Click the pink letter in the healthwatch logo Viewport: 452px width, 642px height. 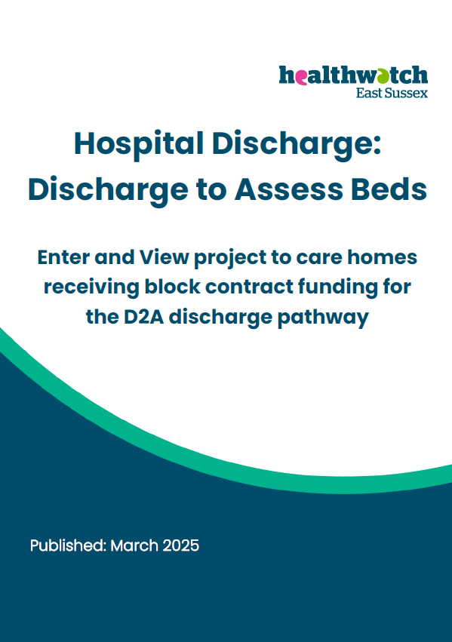pyautogui.click(x=301, y=77)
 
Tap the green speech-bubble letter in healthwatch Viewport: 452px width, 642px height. pyautogui.click(x=382, y=76)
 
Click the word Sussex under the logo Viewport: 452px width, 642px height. pyautogui.click(x=404, y=93)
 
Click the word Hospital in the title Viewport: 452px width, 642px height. pyautogui.click(x=139, y=144)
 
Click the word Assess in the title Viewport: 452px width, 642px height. pyautogui.click(x=289, y=189)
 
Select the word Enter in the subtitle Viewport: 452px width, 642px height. pyautogui.click(x=63, y=257)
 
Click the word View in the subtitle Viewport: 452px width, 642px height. pyautogui.click(x=165, y=257)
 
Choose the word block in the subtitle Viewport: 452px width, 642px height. pyautogui.click(x=172, y=287)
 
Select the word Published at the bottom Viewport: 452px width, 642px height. pyautogui.click(x=68, y=545)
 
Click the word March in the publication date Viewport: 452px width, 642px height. pyautogui.click(x=134, y=545)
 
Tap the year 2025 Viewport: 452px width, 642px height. pyautogui.click(x=180, y=545)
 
